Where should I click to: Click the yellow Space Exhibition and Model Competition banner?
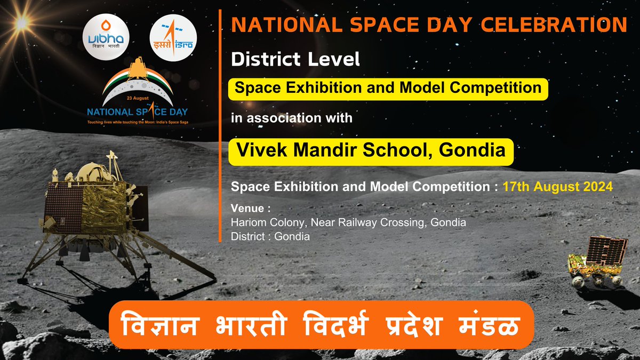tap(388, 87)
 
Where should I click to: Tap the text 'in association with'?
tap(292, 117)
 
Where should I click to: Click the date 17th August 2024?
tap(558, 187)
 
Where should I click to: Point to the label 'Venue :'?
tap(248, 207)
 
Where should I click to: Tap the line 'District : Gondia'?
tap(270, 236)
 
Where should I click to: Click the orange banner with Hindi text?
tap(321, 324)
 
